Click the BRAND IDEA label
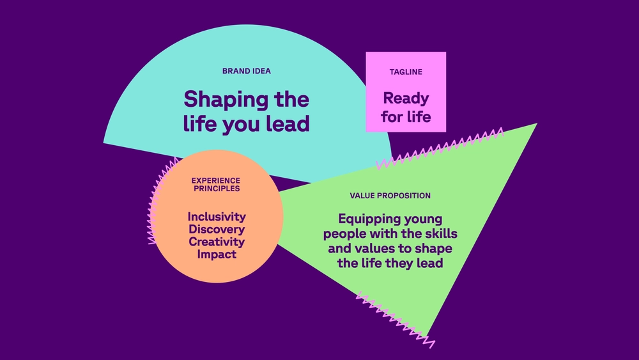[x=247, y=71]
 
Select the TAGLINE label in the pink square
[x=406, y=72]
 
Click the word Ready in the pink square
[x=406, y=99]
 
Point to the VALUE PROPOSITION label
[x=390, y=196]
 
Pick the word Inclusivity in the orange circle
[x=217, y=217]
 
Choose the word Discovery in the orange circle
[x=217, y=230]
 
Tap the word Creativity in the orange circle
[x=217, y=242]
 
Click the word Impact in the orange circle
[x=217, y=254]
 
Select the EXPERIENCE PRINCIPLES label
[x=216, y=184]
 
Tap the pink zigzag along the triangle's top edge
[x=440, y=148]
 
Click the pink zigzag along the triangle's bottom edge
[x=396, y=320]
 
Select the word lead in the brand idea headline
[x=288, y=123]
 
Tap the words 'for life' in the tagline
[x=406, y=117]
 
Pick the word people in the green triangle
[x=343, y=235]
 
